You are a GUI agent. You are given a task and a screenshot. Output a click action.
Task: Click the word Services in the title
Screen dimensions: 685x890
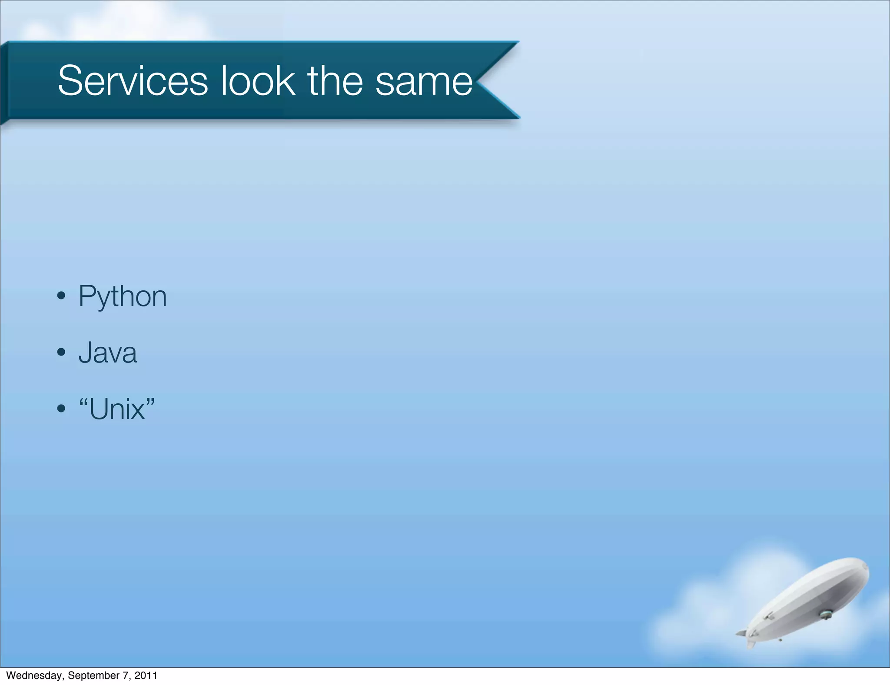(x=133, y=81)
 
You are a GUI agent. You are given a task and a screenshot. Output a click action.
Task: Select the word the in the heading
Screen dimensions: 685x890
(x=335, y=81)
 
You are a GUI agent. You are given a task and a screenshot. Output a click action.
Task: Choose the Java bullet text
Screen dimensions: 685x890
(x=107, y=353)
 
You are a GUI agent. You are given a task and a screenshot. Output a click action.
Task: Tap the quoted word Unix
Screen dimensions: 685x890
(x=117, y=409)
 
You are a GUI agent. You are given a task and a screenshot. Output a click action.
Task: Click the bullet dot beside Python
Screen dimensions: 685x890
(x=61, y=296)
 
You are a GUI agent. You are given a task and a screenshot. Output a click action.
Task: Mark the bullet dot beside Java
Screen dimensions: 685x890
(x=61, y=352)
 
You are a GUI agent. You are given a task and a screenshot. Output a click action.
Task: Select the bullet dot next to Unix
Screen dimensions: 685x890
(x=61, y=409)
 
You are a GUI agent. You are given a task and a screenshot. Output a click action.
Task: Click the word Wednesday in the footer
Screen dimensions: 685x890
(x=34, y=675)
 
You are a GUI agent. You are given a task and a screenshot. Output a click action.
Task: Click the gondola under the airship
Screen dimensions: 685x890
(x=825, y=614)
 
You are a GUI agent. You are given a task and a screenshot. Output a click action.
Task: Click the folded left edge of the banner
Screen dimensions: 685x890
(x=4, y=83)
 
